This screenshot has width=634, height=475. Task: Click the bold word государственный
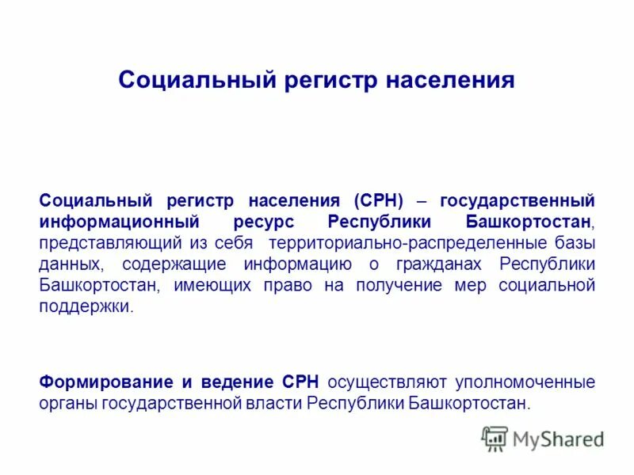[517, 201]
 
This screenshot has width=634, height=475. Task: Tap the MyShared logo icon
[495, 439]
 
